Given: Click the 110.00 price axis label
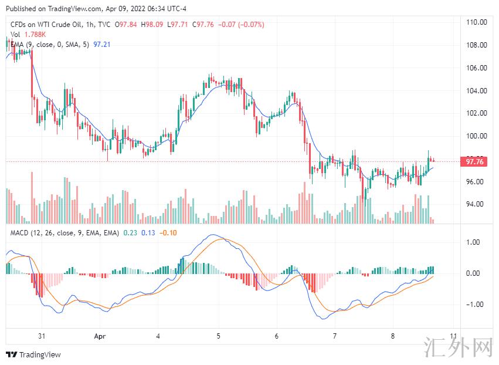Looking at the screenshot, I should pos(477,22).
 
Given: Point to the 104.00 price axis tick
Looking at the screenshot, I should pos(477,90).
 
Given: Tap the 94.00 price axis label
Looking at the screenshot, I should pos(477,204).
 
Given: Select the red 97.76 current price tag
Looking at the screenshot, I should pos(474,162).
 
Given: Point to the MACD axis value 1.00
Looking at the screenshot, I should pos(473,242).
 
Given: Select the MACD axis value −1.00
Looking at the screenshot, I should pos(471,305).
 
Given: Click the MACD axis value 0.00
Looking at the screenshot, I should pos(473,273).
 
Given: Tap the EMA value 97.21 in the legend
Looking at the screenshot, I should pos(102,45).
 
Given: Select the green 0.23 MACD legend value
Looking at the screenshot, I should pos(129,233).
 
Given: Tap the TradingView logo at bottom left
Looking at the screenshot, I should pos(33,354).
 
